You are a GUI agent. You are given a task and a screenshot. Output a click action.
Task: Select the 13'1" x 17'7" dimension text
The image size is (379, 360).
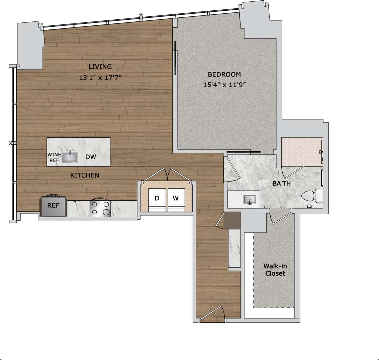[100, 78]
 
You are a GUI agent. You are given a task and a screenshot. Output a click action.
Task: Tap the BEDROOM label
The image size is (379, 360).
[224, 74]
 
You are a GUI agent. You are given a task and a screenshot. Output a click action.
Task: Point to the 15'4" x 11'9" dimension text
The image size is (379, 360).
[225, 85]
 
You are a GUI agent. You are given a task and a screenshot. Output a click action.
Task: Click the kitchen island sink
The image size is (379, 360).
[70, 157]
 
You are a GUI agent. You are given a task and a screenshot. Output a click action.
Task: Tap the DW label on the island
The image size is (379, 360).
[91, 157]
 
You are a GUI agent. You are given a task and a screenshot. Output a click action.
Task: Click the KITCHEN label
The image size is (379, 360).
[85, 175]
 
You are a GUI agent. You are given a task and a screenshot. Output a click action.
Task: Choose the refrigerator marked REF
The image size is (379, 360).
[53, 206]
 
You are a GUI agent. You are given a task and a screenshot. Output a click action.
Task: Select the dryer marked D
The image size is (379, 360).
[157, 198]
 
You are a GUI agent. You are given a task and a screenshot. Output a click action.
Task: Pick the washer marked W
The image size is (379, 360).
[176, 198]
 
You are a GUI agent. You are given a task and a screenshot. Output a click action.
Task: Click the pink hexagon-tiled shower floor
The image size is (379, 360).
[301, 151]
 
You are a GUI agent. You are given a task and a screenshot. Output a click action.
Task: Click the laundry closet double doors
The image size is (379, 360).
[166, 175]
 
